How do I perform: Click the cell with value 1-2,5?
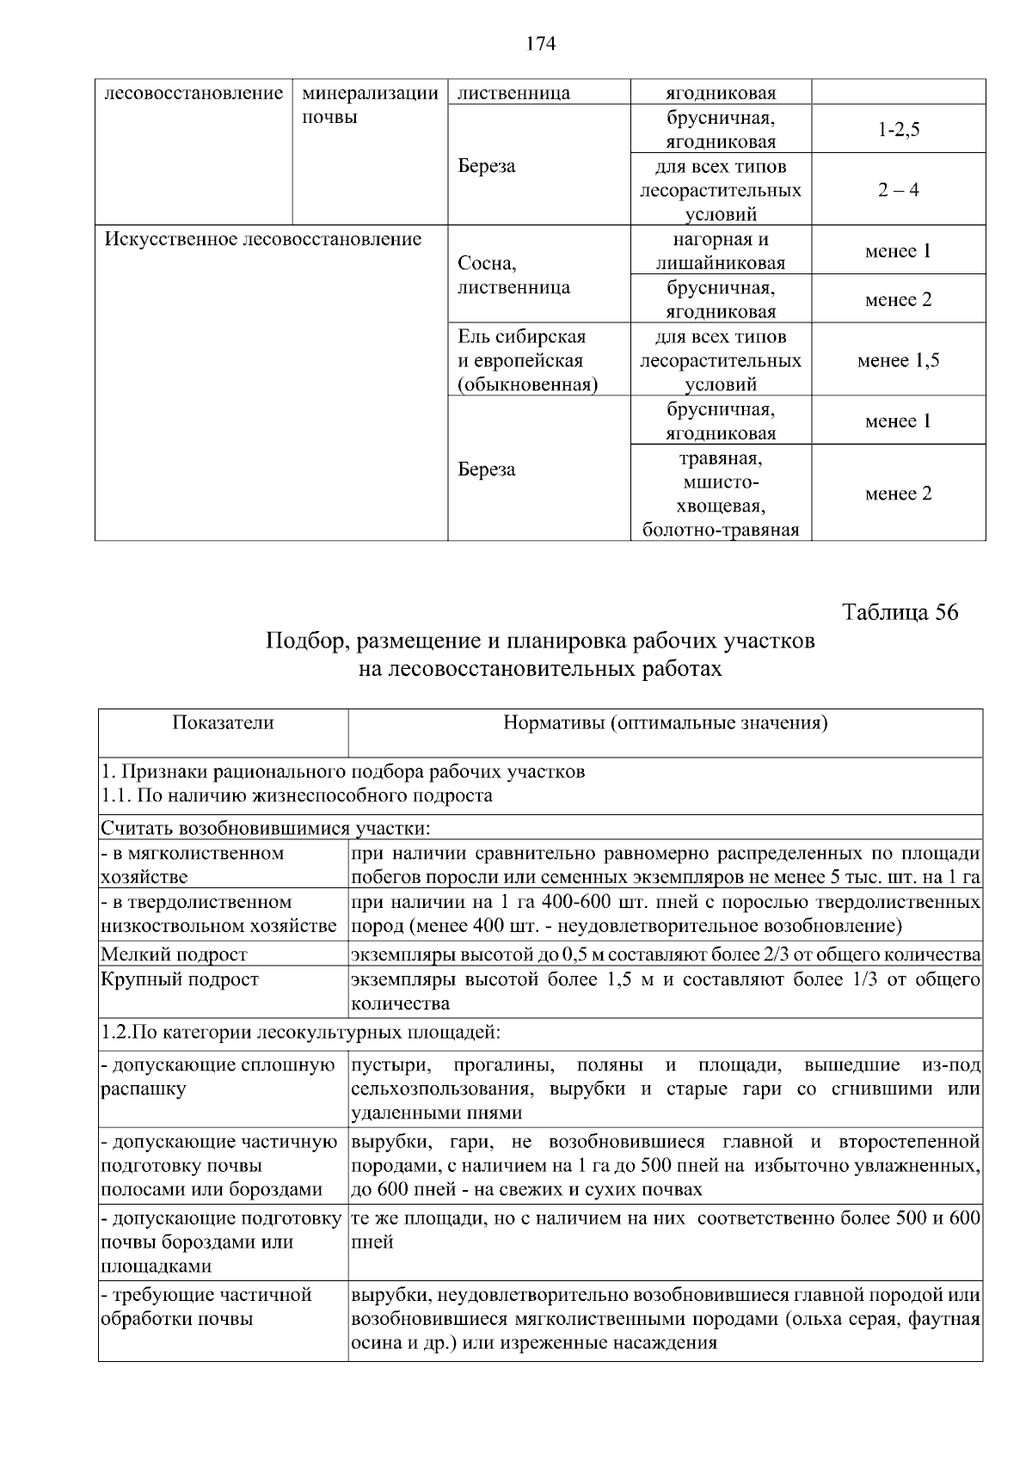[x=898, y=130]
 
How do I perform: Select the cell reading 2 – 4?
[x=898, y=190]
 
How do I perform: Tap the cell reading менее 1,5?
[x=898, y=360]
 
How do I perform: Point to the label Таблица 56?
[x=900, y=612]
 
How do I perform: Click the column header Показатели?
[x=223, y=723]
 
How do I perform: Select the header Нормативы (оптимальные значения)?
[x=665, y=723]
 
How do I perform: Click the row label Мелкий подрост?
[x=175, y=954]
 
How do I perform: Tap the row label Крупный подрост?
[x=180, y=980]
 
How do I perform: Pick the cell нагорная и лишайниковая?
[x=721, y=251]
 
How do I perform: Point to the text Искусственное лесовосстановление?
[x=263, y=239]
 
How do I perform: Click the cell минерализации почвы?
[x=371, y=105]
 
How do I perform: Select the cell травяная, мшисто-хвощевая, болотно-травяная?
[x=721, y=494]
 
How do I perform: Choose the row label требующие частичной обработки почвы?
[x=206, y=1307]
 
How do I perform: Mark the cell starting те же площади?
[x=665, y=1230]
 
